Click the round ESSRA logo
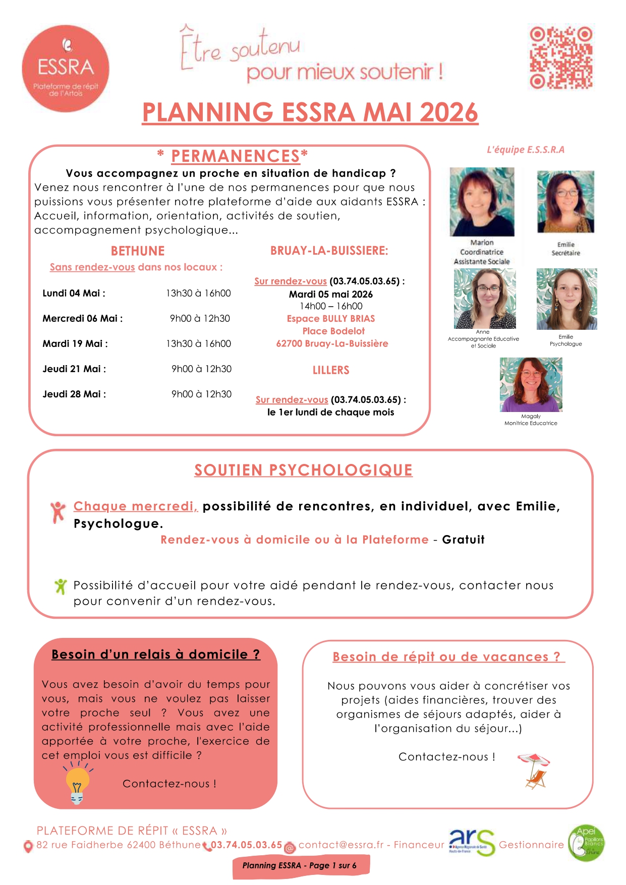click(x=66, y=68)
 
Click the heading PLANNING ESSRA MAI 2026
click(x=310, y=112)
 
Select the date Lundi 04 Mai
click(x=74, y=293)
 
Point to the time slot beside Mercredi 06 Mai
click(x=200, y=319)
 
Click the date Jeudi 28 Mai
click(x=74, y=394)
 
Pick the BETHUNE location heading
click(x=138, y=251)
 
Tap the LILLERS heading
click(x=331, y=370)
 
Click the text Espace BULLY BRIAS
click(x=331, y=319)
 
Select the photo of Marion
click(x=482, y=202)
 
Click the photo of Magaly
click(x=531, y=385)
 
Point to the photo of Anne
click(x=484, y=299)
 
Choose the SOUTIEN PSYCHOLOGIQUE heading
click(x=303, y=470)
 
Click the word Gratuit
click(x=463, y=540)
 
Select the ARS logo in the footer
click(x=471, y=844)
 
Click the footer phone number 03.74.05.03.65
click(x=246, y=845)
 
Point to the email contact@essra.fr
click(x=341, y=845)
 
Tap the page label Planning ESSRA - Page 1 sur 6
click(x=300, y=866)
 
